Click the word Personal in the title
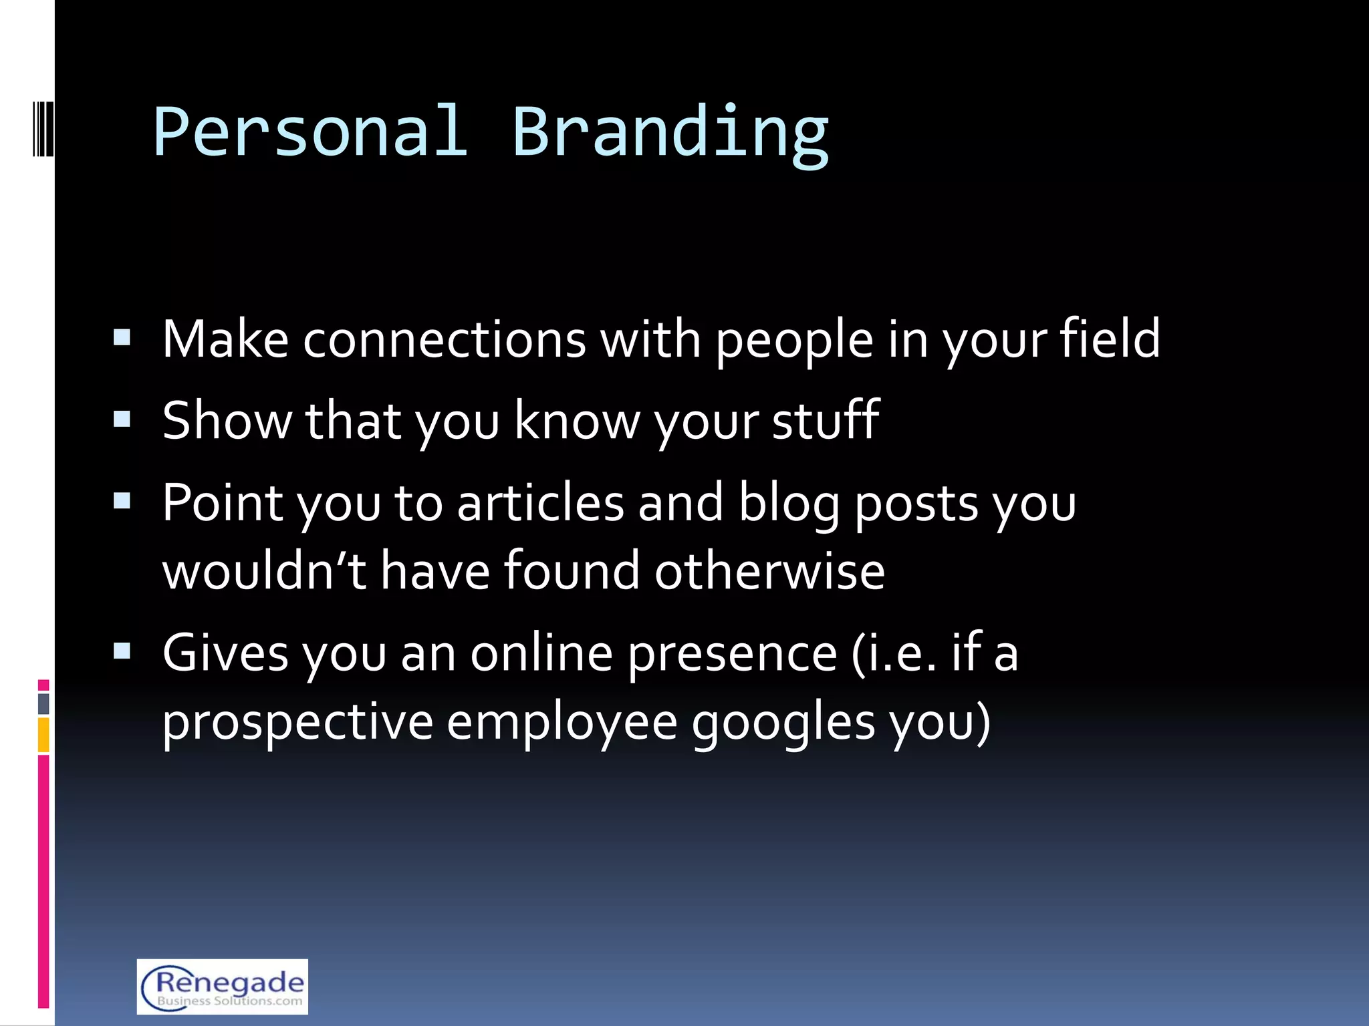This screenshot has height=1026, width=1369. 310,132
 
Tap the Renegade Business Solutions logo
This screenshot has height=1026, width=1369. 222,987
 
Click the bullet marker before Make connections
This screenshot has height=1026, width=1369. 122,337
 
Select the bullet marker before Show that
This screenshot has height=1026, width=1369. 122,419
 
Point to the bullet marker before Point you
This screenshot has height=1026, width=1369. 122,501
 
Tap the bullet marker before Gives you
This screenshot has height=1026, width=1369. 122,651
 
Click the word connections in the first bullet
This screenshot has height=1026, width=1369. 444,339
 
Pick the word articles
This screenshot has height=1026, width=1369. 540,503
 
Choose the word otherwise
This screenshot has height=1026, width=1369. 769,572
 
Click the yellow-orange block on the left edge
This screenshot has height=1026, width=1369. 43,735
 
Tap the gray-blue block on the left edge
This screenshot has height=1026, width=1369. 43,703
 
